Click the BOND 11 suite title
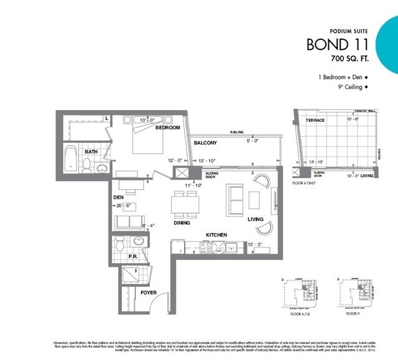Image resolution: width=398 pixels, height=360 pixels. [337, 45]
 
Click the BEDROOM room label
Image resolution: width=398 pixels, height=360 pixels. [167, 127]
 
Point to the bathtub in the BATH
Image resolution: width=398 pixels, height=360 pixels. [72, 160]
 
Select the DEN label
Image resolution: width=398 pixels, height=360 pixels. [119, 198]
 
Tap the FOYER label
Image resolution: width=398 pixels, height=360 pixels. [149, 292]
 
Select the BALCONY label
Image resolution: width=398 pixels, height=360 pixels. [205, 143]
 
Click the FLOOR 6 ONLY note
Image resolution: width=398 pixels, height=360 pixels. [305, 183]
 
